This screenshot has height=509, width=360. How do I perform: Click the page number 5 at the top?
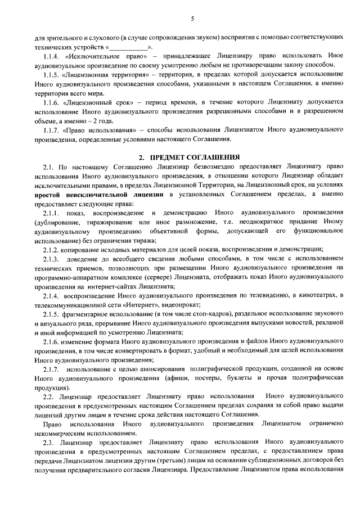coord(192,18)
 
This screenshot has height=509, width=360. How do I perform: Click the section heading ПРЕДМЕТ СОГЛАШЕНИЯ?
coord(195,156)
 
